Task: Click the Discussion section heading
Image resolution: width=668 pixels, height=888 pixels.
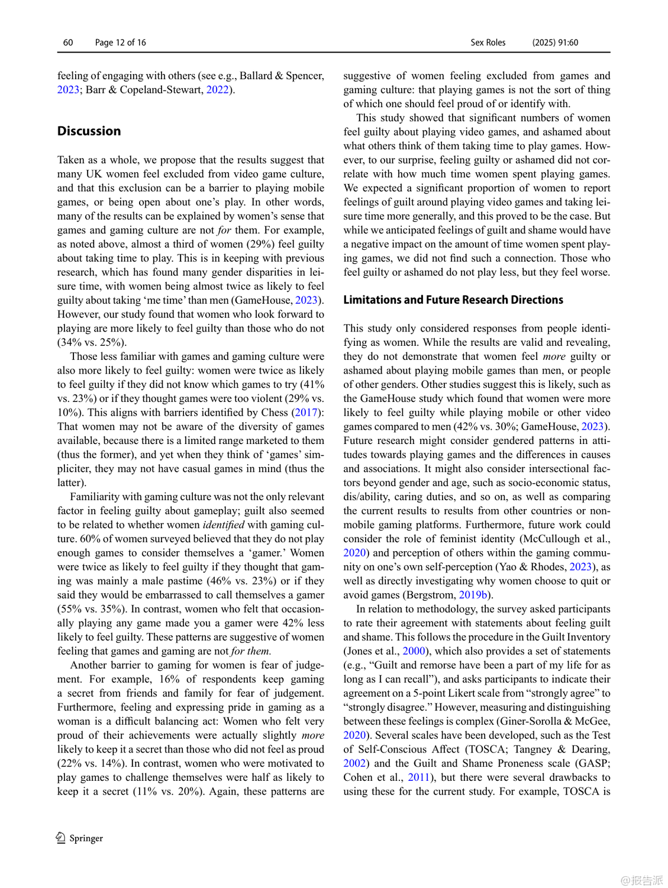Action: coord(89,131)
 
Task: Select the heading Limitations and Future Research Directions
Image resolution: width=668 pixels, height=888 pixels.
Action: coord(453,300)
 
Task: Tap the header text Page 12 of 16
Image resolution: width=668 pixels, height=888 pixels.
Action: coord(120,43)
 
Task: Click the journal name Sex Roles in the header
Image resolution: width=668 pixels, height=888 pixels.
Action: coord(488,43)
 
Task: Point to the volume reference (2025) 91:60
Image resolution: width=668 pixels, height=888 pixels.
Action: coord(554,43)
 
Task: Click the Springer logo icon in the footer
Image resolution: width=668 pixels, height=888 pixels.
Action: coord(61,838)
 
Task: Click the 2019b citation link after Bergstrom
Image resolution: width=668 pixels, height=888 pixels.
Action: coord(473,595)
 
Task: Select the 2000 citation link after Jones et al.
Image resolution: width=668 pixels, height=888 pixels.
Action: coord(414,651)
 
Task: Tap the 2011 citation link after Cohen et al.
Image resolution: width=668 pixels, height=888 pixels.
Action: coord(418,777)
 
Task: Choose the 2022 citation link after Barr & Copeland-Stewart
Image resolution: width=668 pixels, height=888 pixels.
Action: coord(217,90)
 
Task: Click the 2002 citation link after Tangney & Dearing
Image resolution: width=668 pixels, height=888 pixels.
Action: coord(354,763)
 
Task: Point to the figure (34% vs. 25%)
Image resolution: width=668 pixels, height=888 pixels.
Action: coord(92,342)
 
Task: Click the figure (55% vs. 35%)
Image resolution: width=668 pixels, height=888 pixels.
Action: coord(91,609)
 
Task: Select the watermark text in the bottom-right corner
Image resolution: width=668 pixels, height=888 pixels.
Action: coord(641,880)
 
